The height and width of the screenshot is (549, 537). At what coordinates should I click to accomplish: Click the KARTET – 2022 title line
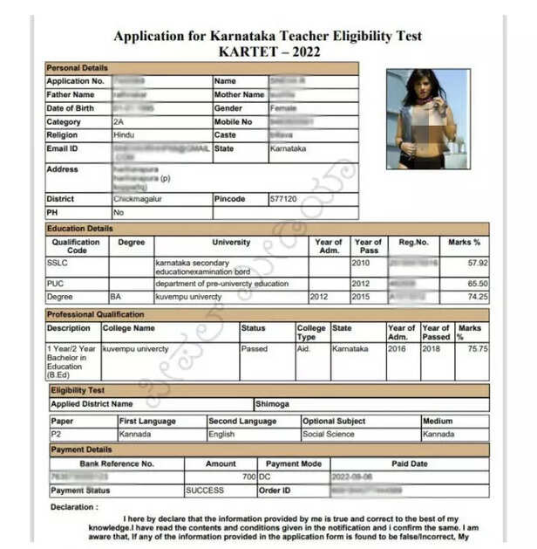pyautogui.click(x=268, y=51)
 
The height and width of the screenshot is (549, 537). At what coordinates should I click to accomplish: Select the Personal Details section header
pyautogui.click(x=78, y=67)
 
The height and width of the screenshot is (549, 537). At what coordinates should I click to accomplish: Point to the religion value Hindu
pyautogui.click(x=125, y=135)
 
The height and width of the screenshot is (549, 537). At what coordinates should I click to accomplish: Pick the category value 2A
pyautogui.click(x=119, y=122)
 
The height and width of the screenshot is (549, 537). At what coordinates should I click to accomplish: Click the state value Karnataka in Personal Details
pyautogui.click(x=289, y=149)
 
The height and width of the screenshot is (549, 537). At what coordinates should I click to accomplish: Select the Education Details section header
pyautogui.click(x=80, y=229)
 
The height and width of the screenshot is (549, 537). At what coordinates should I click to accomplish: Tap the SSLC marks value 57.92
pyautogui.click(x=477, y=262)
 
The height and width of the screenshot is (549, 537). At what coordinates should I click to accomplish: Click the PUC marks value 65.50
pyautogui.click(x=477, y=284)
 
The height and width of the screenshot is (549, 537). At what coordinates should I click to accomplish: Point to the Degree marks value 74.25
pyautogui.click(x=477, y=297)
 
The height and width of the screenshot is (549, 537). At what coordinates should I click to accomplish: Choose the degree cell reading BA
pyautogui.click(x=118, y=297)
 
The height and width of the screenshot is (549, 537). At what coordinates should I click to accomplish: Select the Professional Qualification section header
pyautogui.click(x=95, y=314)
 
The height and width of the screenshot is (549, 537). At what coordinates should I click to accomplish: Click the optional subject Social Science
pyautogui.click(x=329, y=434)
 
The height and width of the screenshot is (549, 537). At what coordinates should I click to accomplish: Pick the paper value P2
pyautogui.click(x=56, y=434)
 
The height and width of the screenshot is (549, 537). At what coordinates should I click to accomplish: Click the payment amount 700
pyautogui.click(x=248, y=477)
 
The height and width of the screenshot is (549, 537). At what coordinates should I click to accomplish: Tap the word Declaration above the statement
pyautogui.click(x=74, y=506)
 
